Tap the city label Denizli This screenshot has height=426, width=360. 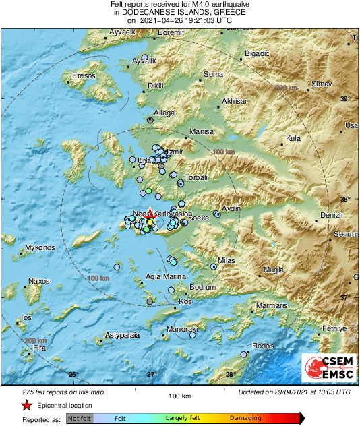click(332, 214)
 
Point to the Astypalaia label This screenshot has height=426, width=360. click(122, 335)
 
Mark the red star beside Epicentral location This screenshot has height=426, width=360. click(26, 406)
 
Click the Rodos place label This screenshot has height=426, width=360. click(262, 346)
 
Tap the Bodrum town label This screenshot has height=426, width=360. click(202, 287)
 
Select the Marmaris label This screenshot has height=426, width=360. click(272, 306)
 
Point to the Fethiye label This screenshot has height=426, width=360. click(333, 328)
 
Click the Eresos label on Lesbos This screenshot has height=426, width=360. click(84, 76)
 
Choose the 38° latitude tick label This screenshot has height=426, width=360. click(344, 200)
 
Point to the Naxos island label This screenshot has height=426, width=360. click(38, 281)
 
